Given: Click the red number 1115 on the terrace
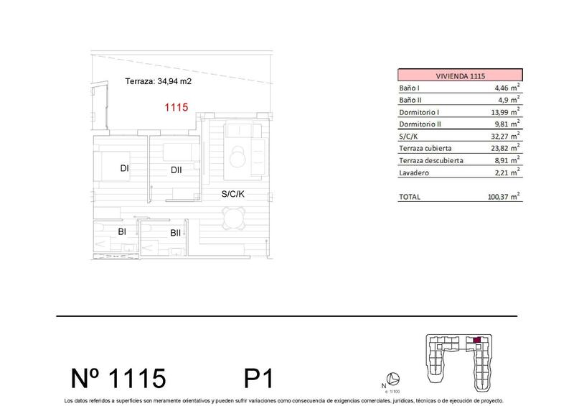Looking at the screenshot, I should tap(177, 108).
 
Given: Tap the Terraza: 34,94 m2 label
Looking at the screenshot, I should tap(158, 82).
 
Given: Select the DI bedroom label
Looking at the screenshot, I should tap(125, 169).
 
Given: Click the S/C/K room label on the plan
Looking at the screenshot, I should tap(233, 194).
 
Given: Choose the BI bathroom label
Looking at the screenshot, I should tap(122, 231).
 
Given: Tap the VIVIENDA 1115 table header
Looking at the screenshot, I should tap(460, 75).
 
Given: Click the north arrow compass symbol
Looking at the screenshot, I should tap(392, 379).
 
